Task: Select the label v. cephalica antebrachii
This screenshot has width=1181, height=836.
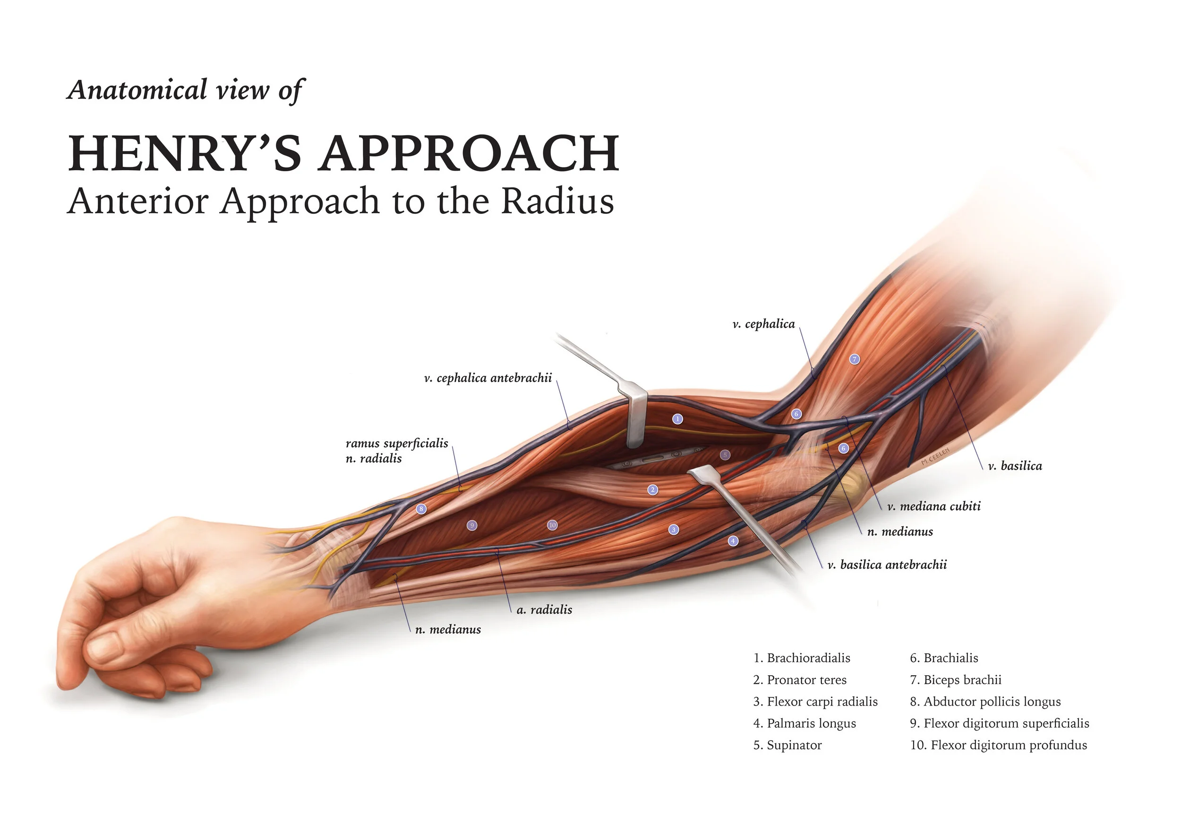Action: (488, 378)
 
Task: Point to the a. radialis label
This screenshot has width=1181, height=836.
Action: (544, 610)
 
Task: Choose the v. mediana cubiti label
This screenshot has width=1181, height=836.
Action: (933, 506)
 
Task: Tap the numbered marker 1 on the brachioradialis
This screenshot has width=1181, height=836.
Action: (678, 419)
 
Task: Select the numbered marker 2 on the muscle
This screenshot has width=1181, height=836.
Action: (653, 489)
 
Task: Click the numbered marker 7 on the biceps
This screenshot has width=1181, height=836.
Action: (855, 359)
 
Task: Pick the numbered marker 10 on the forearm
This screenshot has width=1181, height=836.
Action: (552, 525)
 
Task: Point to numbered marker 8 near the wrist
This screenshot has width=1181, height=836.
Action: (421, 509)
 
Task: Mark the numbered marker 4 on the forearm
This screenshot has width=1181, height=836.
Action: (734, 540)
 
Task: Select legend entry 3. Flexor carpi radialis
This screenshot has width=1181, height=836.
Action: (815, 702)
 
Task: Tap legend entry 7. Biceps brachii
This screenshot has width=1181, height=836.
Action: (956, 680)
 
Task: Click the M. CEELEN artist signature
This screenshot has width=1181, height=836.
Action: (935, 456)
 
